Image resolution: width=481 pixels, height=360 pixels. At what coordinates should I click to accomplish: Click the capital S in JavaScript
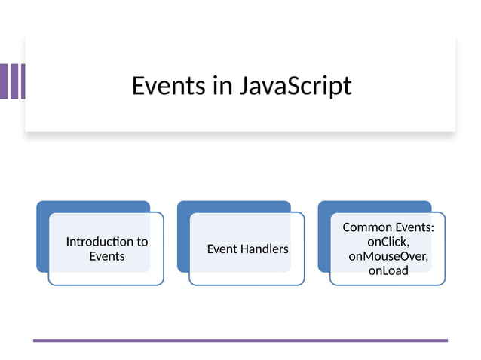point(296,86)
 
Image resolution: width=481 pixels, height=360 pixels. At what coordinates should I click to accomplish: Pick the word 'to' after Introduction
point(142,242)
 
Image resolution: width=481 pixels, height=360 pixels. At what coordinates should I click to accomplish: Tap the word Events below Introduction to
point(107,256)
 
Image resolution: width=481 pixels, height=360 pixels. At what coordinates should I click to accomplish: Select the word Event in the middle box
point(222,249)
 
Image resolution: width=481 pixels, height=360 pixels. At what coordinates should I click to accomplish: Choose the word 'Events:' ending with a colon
point(415,227)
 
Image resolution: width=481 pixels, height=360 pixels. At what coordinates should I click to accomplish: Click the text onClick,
point(388,242)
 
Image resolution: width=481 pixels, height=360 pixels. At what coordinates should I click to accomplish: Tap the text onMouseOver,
point(388,256)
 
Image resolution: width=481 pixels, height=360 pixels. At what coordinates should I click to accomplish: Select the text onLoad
point(388,270)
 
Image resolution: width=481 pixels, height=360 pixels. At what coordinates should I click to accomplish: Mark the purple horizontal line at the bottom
point(240,340)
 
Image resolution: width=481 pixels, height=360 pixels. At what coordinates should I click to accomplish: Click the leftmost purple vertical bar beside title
point(4,81)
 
